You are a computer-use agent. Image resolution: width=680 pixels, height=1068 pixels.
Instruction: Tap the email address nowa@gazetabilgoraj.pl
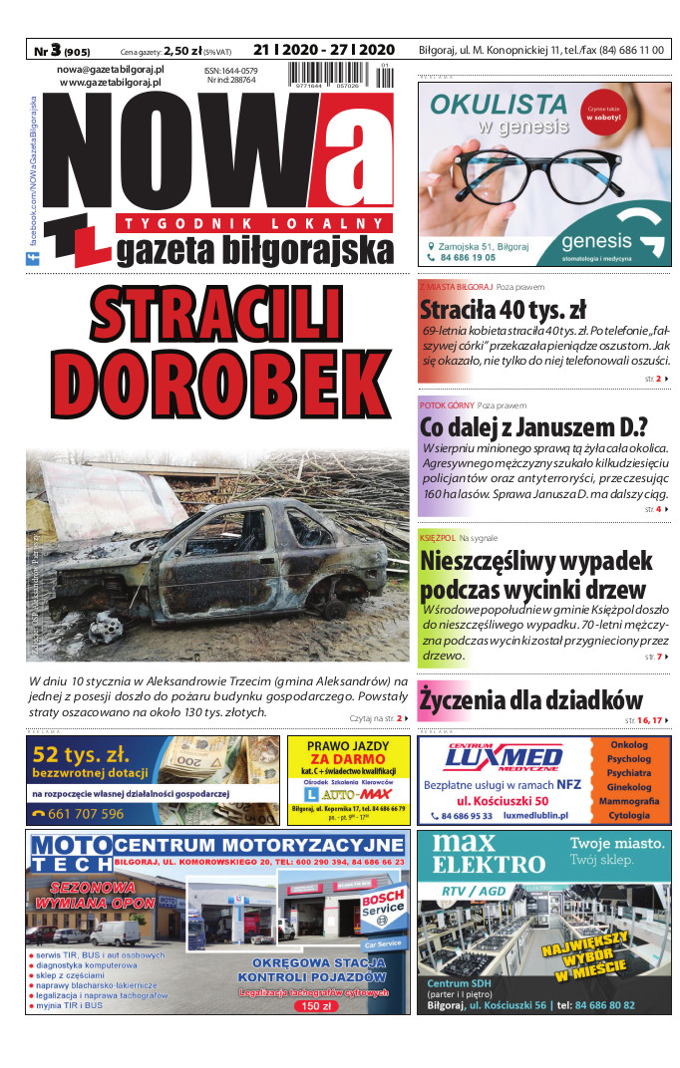110,70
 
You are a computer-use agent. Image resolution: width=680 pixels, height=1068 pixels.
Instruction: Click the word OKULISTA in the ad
498,103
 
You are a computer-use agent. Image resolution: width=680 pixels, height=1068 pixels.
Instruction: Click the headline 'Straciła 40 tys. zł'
503,309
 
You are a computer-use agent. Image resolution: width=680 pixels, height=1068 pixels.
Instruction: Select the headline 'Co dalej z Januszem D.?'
533,427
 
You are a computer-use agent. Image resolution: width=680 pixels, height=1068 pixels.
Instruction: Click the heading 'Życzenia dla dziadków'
530,698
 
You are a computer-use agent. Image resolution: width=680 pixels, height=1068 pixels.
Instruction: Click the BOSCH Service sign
382,904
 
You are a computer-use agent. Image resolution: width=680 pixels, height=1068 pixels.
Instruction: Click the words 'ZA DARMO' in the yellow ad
347,758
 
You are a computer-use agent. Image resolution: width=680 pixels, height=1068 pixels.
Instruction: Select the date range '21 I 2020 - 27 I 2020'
324,49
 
